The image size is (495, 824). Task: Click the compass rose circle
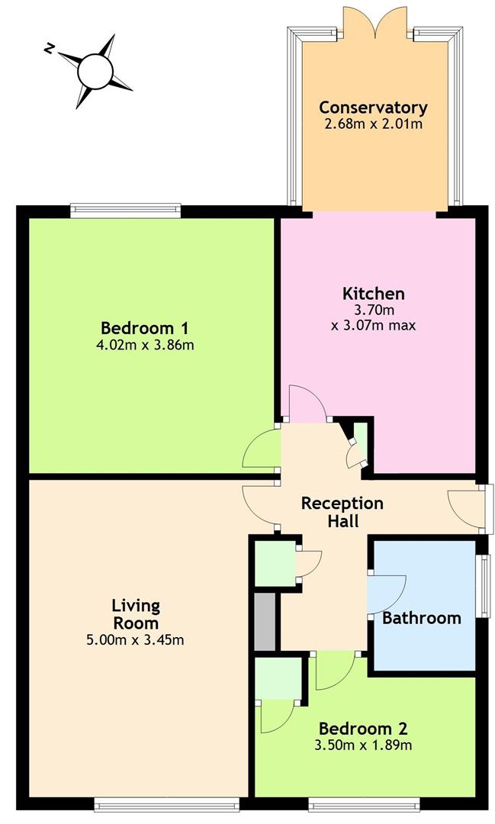click(95, 71)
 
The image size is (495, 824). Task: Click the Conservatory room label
click(373, 108)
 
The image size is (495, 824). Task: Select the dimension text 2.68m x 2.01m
click(373, 124)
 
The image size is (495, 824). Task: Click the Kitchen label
click(374, 293)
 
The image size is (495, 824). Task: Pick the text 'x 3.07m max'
click(374, 325)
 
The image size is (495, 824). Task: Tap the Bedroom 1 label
click(144, 328)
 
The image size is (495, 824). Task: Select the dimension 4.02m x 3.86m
click(145, 346)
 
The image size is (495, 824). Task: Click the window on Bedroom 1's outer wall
click(126, 211)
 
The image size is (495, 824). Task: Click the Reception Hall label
click(342, 512)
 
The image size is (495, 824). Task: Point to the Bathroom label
click(422, 618)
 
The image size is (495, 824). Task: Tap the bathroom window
click(484, 585)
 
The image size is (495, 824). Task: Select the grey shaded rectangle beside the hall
click(265, 623)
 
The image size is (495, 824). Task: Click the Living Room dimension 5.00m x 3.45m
click(135, 640)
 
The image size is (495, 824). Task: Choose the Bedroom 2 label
click(363, 729)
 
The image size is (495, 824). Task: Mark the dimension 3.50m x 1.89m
click(363, 745)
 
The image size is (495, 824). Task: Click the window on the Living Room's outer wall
click(166, 804)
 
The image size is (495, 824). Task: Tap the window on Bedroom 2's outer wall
click(364, 804)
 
